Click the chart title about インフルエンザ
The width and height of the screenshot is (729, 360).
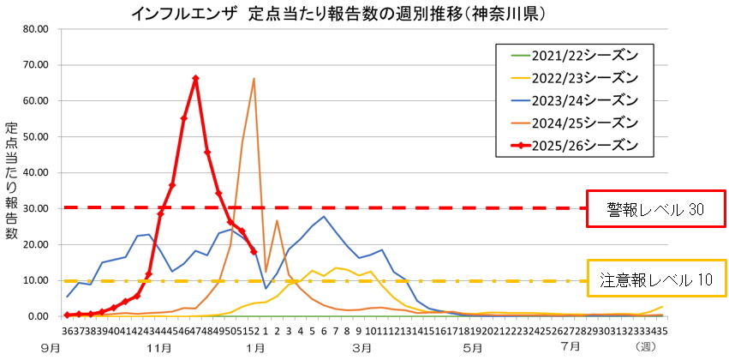(x=339, y=15)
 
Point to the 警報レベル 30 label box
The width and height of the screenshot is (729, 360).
(x=655, y=207)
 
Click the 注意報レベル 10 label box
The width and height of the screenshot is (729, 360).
(x=655, y=279)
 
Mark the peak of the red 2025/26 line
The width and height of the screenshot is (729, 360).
(x=195, y=79)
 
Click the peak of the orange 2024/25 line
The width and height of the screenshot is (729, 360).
(x=254, y=79)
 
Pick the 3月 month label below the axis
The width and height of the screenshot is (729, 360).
(x=362, y=347)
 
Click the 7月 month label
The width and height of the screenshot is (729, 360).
(x=570, y=347)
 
